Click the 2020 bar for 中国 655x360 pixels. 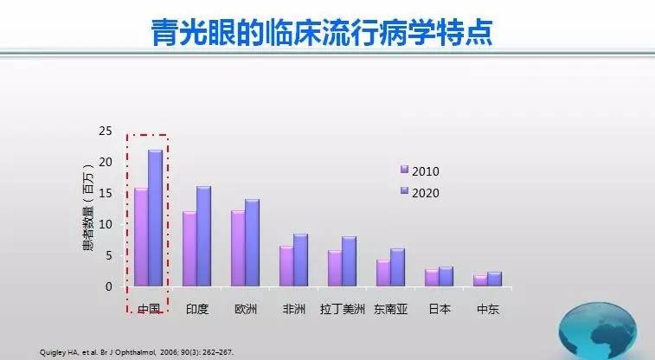(x=156, y=218)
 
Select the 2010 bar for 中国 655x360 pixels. (x=141, y=237)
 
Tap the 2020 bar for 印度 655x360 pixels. (x=204, y=236)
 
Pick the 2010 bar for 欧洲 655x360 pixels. (x=238, y=248)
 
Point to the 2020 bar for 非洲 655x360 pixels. (x=301, y=260)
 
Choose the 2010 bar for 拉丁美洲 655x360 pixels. (x=335, y=268)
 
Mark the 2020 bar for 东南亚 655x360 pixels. (x=398, y=267)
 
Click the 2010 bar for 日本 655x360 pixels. (x=432, y=278)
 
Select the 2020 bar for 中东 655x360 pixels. (x=495, y=280)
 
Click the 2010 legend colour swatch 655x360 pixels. (x=404, y=169)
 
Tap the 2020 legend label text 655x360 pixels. (x=425, y=193)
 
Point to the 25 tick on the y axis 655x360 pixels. (x=106, y=132)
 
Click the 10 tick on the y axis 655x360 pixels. (x=106, y=224)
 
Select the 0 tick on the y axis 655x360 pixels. (x=109, y=286)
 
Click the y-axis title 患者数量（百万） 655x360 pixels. (x=88, y=207)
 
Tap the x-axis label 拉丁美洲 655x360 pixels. (x=343, y=309)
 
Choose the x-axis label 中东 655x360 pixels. (x=488, y=309)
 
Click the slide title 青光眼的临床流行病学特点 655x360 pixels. (x=322, y=32)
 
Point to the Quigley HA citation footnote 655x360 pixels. (x=137, y=352)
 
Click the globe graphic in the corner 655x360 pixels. (x=598, y=331)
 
